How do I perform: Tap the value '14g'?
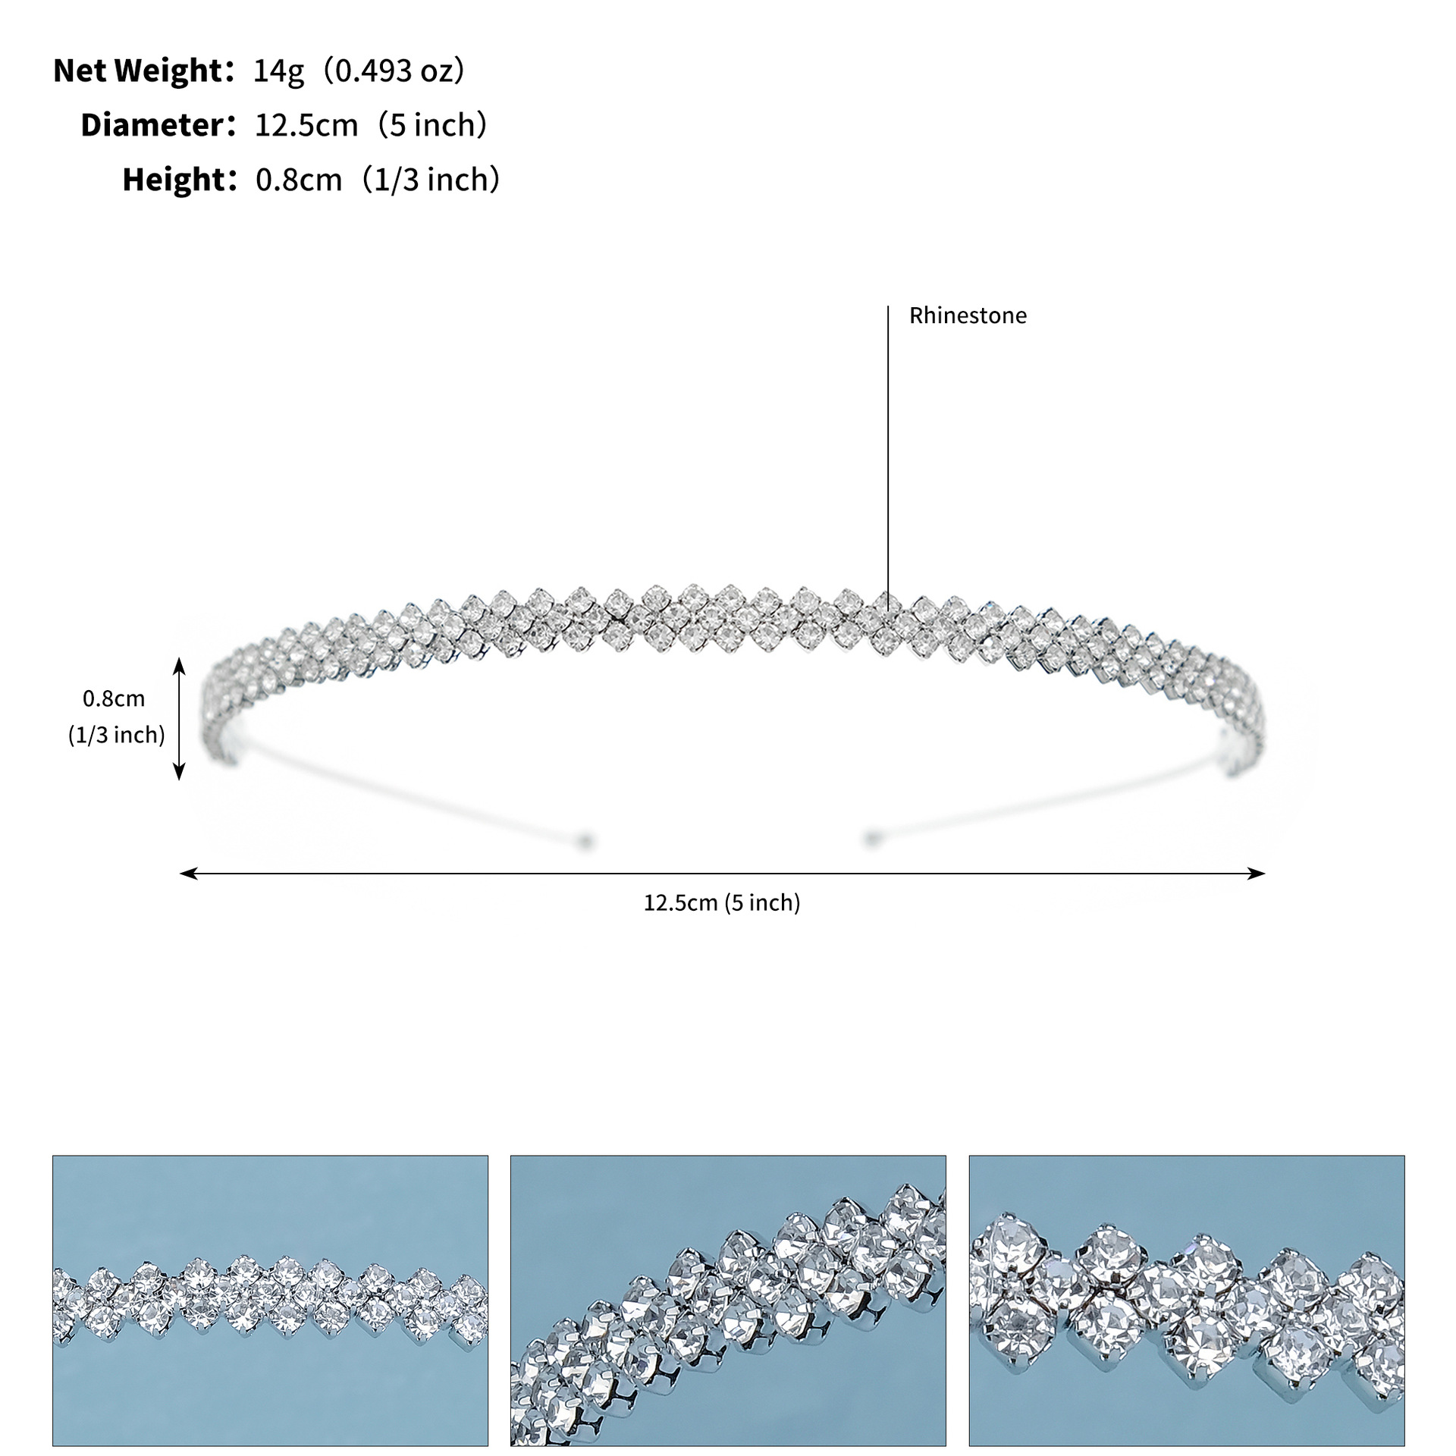[x=278, y=71]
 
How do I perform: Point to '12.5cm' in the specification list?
[x=306, y=125]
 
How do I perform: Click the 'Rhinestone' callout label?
[x=968, y=315]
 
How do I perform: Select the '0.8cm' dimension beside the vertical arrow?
[x=114, y=698]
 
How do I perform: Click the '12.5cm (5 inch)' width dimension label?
[x=722, y=902]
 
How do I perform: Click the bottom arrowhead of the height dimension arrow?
[x=180, y=775]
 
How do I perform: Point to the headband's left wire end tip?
[x=584, y=840]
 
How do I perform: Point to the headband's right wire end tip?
[x=871, y=839]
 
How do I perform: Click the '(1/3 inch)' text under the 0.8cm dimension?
[x=117, y=735]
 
